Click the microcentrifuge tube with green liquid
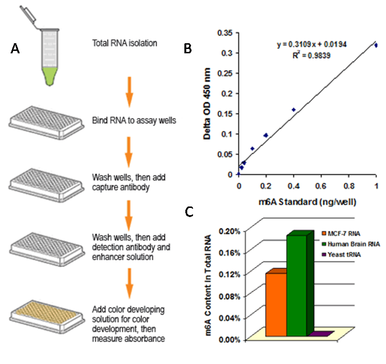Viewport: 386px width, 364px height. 48,53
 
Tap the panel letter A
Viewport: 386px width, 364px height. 15,49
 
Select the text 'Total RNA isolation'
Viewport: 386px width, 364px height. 124,44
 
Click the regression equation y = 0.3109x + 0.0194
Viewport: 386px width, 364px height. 312,44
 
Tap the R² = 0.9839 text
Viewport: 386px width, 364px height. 312,55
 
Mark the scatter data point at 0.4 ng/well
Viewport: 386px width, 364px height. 293,110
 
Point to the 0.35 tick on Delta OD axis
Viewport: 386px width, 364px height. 224,33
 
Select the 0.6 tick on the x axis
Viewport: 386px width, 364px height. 321,185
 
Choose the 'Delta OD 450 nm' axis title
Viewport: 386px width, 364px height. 208,103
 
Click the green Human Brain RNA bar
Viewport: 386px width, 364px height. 297,286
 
